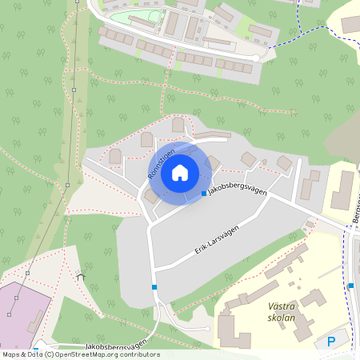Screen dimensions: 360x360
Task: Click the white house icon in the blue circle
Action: (180, 172)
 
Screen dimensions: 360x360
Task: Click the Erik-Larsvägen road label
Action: (218, 238)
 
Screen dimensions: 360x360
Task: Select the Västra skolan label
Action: (276, 311)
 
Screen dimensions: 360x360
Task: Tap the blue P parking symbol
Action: (331, 342)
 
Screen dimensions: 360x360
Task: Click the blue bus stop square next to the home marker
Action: (204, 193)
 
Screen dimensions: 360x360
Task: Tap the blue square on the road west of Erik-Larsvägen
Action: (154, 287)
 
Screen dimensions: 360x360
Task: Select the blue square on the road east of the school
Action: (350, 286)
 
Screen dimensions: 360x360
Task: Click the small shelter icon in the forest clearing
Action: (80, 275)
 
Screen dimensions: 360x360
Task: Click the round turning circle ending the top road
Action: (256, 58)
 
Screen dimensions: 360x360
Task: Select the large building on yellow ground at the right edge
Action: (342, 190)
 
